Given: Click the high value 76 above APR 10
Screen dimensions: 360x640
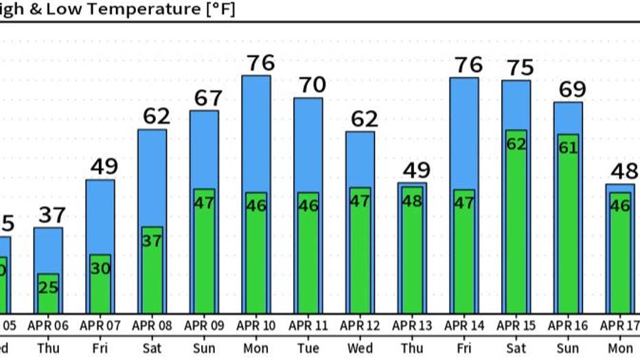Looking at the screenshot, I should pyautogui.click(x=260, y=63).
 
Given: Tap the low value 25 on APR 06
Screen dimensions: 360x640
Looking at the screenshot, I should pyautogui.click(x=48, y=287).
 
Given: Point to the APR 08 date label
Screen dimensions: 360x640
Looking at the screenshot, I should pyautogui.click(x=152, y=325).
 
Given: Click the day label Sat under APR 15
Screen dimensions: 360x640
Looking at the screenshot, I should pyautogui.click(x=516, y=348).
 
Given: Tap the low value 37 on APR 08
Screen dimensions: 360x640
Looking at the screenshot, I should pyautogui.click(x=152, y=240).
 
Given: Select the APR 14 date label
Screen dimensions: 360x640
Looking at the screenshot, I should pyautogui.click(x=464, y=325).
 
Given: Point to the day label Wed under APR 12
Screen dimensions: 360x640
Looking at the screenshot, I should pyautogui.click(x=361, y=348).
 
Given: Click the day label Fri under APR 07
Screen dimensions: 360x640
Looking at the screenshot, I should pyautogui.click(x=100, y=348).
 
